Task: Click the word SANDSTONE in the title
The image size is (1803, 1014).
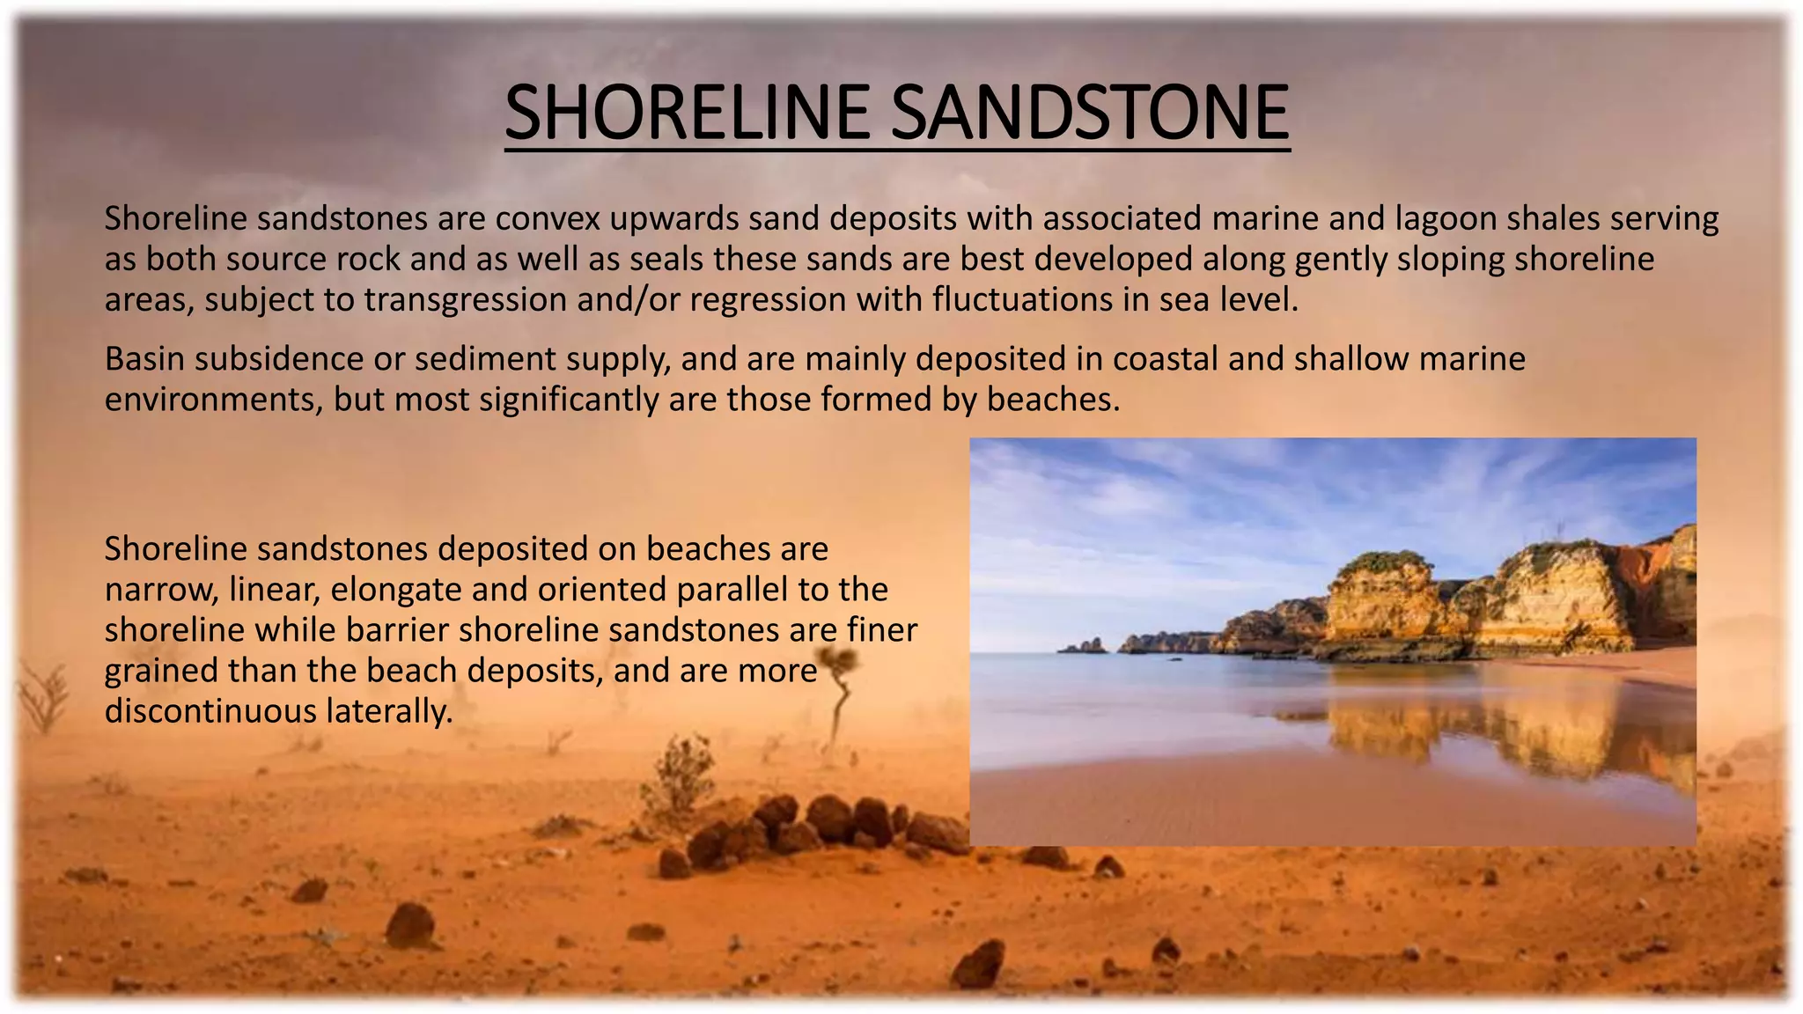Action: tap(1090, 112)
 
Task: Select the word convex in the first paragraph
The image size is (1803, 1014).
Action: tap(546, 218)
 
